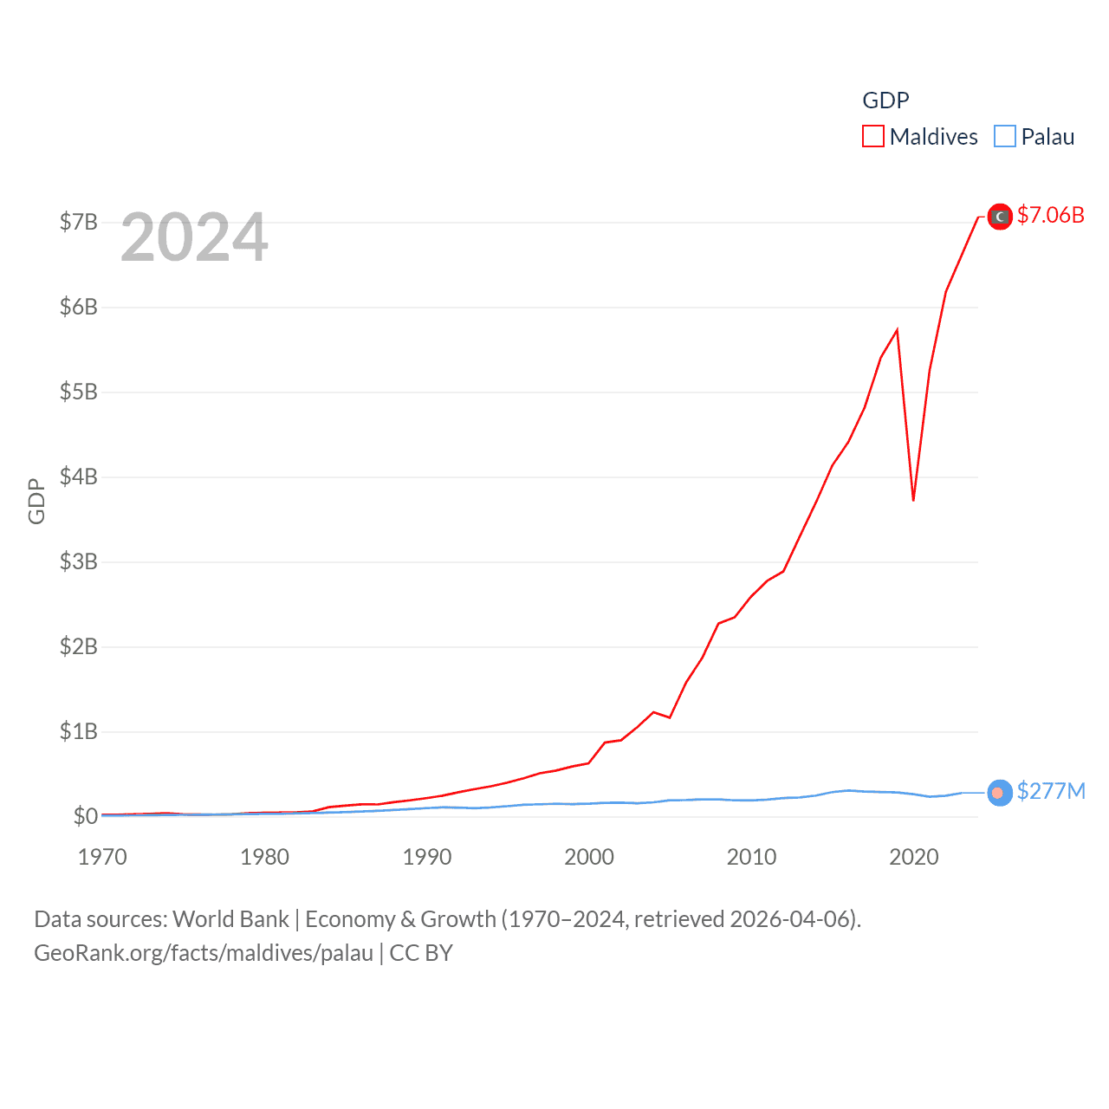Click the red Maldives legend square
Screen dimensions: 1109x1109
click(x=873, y=137)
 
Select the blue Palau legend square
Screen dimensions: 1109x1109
click(x=1005, y=137)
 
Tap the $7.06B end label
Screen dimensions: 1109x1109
click(x=1050, y=215)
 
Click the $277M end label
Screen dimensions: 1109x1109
click(x=1051, y=791)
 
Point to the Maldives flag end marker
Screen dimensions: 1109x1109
click(x=1000, y=217)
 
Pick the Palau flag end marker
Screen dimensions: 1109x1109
click(x=999, y=793)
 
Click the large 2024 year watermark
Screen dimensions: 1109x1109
click(x=194, y=237)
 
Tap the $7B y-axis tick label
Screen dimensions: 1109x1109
click(x=78, y=222)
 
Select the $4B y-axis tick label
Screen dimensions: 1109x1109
click(x=78, y=477)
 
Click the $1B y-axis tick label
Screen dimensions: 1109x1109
click(x=78, y=731)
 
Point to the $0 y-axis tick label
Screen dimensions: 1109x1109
click(x=85, y=816)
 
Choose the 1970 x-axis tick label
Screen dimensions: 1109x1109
click(x=102, y=857)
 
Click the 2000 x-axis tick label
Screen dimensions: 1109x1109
click(x=589, y=857)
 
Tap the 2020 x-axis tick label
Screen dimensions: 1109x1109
click(x=914, y=857)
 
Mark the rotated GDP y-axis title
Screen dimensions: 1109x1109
click(x=36, y=501)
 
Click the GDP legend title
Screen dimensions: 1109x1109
click(x=885, y=101)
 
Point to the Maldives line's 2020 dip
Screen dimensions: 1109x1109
click(x=913, y=500)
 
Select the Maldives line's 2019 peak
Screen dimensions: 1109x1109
click(x=897, y=329)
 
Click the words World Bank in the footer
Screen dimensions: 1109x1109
click(x=230, y=919)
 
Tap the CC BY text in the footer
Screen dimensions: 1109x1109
click(x=421, y=953)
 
